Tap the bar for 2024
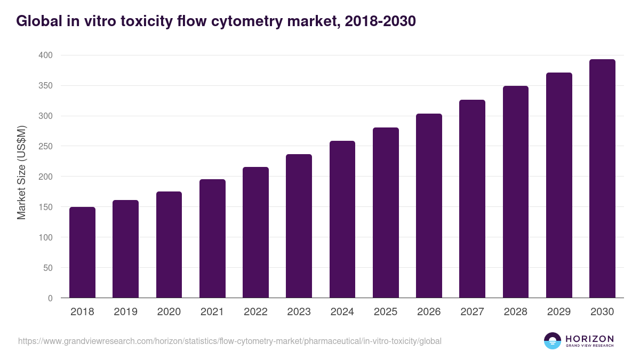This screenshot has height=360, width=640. tap(342, 219)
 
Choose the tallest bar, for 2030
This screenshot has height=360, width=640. tap(602, 179)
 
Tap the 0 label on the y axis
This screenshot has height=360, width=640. tap(50, 298)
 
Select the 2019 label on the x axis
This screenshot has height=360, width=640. tap(125, 312)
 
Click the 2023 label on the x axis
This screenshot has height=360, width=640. tap(299, 312)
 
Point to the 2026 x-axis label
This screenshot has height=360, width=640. tap(429, 312)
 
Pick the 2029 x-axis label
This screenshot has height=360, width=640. tap(559, 312)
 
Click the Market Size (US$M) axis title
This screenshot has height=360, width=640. tap(21, 172)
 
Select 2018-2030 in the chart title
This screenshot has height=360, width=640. tap(380, 21)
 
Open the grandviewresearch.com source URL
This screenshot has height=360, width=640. tap(230, 341)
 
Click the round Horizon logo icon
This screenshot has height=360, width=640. tap(553, 341)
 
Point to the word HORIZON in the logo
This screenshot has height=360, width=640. tap(589, 338)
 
